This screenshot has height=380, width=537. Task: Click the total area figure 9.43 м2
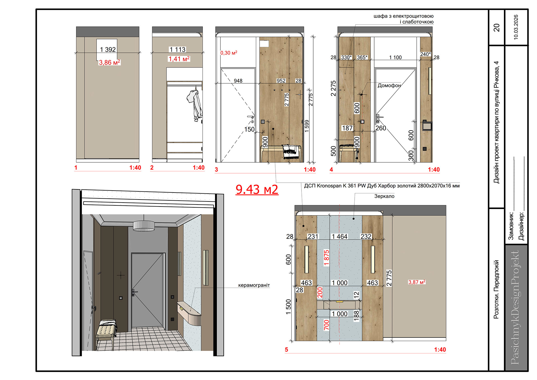[257, 189]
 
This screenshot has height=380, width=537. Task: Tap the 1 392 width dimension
[108, 50]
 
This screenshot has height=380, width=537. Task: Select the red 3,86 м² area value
[109, 62]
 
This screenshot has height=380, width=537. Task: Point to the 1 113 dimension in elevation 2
[178, 50]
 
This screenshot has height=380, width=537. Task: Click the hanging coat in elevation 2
[195, 104]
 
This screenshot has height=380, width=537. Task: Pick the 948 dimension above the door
[238, 81]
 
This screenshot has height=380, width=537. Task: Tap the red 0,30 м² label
[229, 53]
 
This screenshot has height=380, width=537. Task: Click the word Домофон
[389, 85]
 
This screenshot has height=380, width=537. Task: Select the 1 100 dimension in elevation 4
[395, 57]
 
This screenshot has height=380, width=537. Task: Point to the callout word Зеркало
[384, 196]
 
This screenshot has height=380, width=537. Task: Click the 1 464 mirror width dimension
[339, 236]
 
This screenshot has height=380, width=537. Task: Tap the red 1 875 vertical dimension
[326, 257]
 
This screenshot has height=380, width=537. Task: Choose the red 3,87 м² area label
[417, 282]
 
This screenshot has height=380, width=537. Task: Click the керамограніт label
[254, 285]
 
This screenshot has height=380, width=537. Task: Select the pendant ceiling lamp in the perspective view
[144, 226]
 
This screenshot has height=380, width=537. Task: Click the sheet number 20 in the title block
[496, 27]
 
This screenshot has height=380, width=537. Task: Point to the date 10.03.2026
[516, 27]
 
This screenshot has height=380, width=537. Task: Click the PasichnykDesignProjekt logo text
[515, 308]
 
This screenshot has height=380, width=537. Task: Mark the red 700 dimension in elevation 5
[326, 325]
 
